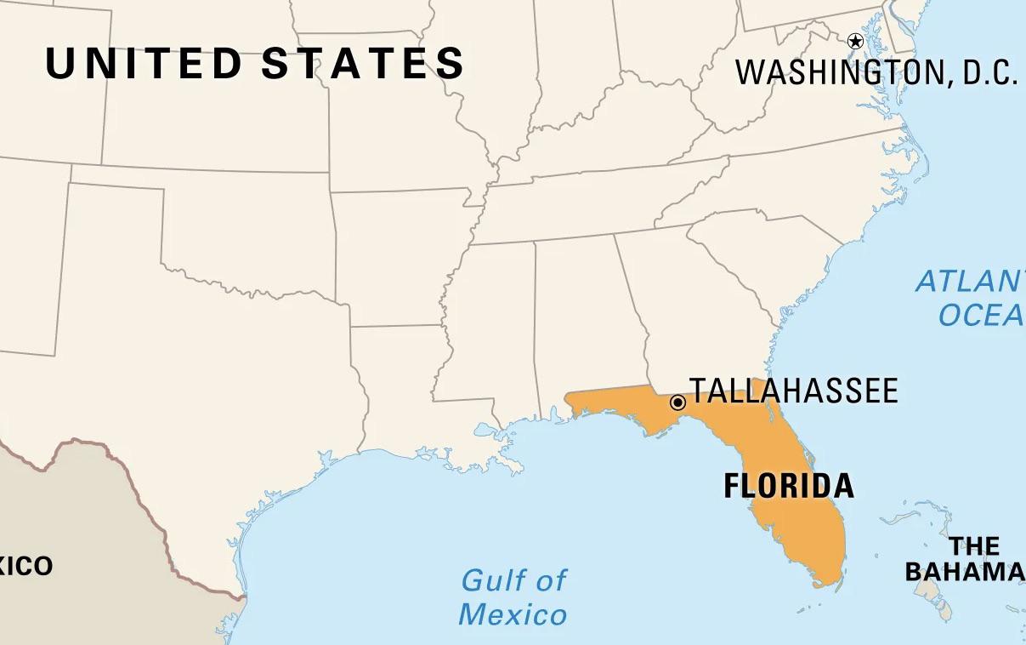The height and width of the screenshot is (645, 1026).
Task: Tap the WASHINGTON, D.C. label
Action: pyautogui.click(x=876, y=73)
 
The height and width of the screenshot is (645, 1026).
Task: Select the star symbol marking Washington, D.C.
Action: pyautogui.click(x=855, y=41)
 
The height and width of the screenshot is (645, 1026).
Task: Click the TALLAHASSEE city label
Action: pyautogui.click(x=793, y=391)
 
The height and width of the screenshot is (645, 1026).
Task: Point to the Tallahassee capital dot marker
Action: pyautogui.click(x=677, y=402)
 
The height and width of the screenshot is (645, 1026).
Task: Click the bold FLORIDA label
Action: pyautogui.click(x=788, y=486)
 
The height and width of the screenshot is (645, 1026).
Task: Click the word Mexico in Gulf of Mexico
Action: pyautogui.click(x=513, y=614)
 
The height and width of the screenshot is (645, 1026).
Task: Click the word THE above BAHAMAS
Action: pyautogui.click(x=974, y=545)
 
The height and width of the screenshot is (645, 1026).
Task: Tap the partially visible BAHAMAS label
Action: pyautogui.click(x=965, y=572)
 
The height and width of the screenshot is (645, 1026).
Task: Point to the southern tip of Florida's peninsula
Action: pyautogui.click(x=823, y=583)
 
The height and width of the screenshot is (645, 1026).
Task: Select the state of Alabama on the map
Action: pyautogui.click(x=578, y=315)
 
